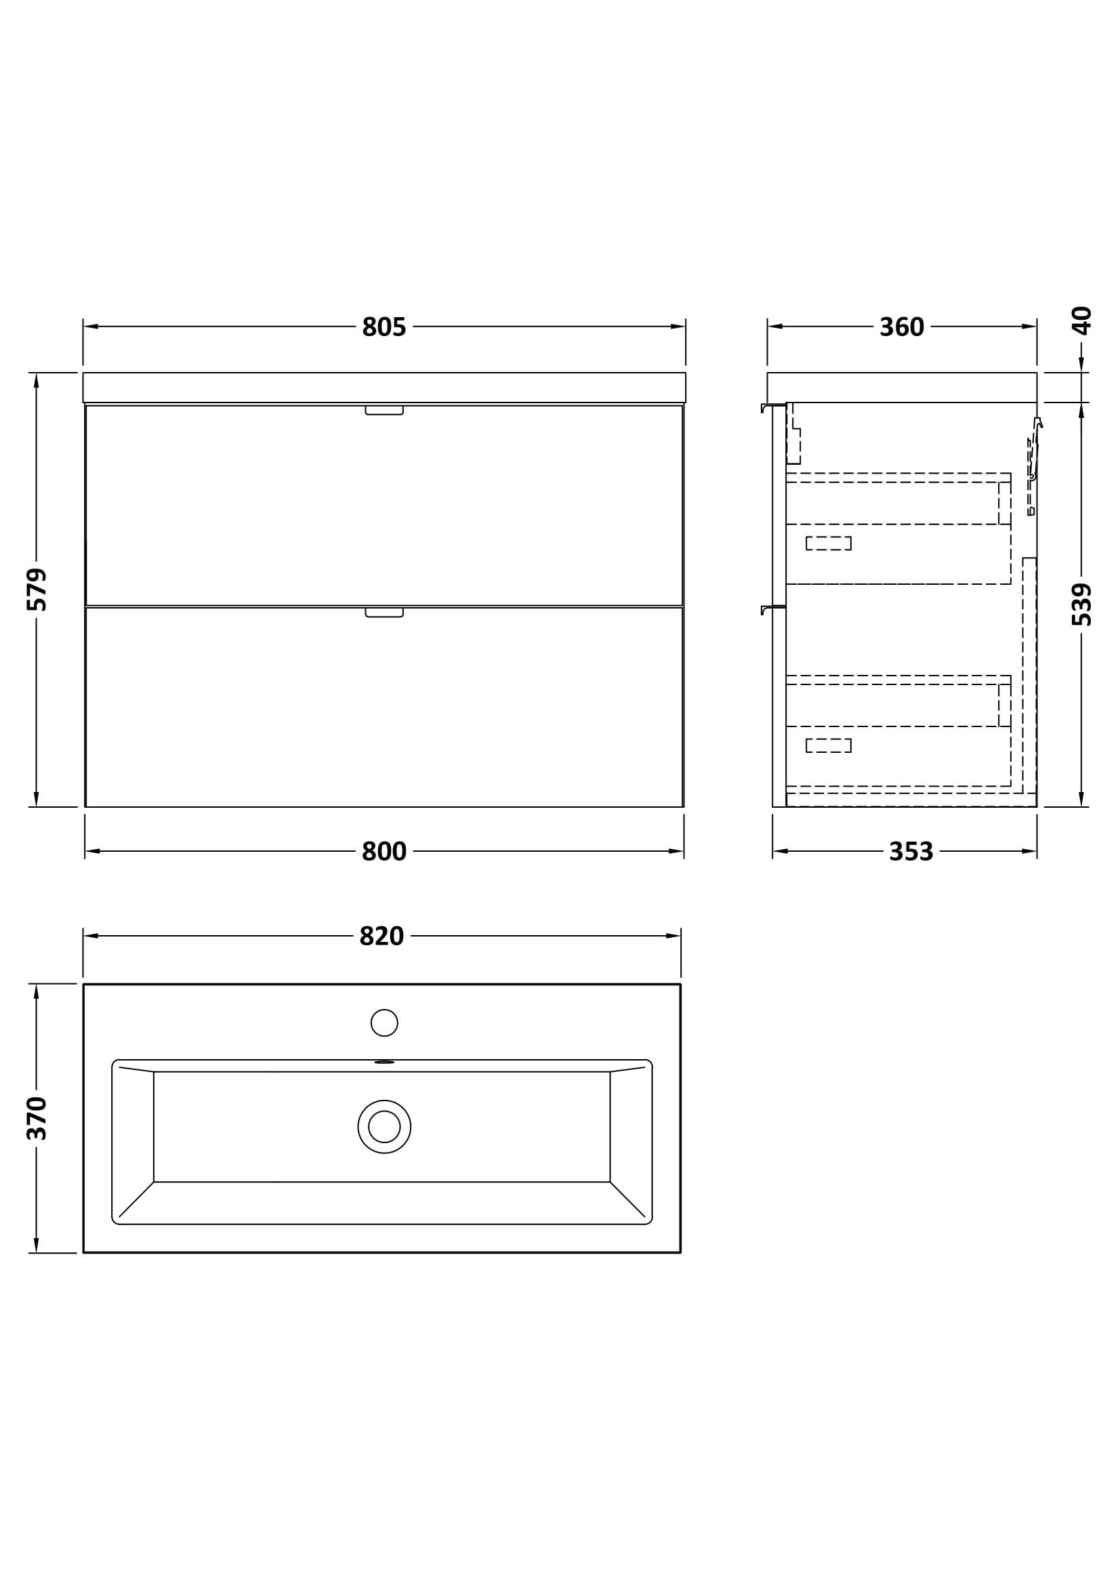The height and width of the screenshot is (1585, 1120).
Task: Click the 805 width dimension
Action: (x=383, y=327)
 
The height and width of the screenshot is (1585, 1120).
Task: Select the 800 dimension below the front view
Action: (x=383, y=851)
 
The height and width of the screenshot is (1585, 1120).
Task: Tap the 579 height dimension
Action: (x=37, y=589)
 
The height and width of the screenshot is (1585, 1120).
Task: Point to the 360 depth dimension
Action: (x=901, y=327)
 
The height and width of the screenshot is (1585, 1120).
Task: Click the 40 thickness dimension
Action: (x=1081, y=321)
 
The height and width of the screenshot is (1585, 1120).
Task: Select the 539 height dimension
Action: (x=1081, y=604)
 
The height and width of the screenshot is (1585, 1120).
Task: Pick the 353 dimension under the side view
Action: (x=911, y=851)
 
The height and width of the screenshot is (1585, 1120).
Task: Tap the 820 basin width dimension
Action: (x=381, y=936)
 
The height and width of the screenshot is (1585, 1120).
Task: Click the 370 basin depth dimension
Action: (x=37, y=1117)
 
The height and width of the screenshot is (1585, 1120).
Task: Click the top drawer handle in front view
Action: (x=383, y=411)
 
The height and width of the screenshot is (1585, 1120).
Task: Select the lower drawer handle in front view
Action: (x=383, y=613)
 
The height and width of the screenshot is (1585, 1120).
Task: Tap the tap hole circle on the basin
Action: (x=383, y=1023)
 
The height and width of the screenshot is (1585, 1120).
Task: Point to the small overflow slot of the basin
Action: (x=383, y=1062)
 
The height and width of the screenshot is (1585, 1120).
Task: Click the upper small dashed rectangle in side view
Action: (x=828, y=543)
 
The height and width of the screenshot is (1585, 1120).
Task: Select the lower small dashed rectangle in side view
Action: (x=828, y=745)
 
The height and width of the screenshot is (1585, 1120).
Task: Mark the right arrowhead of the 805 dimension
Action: (x=678, y=327)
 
